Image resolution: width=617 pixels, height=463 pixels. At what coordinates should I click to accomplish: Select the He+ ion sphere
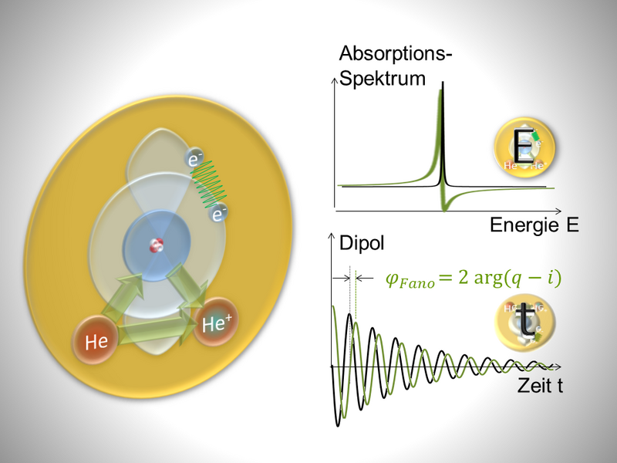215,322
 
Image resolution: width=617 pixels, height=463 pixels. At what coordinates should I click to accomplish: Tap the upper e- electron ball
194,158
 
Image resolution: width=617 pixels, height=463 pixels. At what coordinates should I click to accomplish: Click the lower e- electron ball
218,214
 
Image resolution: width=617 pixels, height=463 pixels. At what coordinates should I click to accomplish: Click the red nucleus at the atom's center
157,245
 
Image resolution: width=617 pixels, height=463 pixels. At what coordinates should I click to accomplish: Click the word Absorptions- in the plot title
395,53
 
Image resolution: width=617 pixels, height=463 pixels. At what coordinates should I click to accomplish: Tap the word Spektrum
383,79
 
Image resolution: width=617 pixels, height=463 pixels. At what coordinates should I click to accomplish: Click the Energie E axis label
534,225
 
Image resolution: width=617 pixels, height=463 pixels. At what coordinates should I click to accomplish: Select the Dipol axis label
362,243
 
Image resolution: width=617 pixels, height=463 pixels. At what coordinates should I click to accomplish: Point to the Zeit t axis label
540,385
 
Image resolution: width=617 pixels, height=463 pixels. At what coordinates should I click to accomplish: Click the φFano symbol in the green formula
410,279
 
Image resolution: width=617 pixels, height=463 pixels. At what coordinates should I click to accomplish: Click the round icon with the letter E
524,146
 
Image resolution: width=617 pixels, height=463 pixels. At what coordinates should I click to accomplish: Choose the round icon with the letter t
525,322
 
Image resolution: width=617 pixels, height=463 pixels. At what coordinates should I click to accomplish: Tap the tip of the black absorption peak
443,83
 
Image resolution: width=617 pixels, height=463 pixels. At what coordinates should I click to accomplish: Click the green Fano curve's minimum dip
445,209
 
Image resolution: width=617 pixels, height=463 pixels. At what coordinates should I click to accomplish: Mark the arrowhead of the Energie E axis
558,211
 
